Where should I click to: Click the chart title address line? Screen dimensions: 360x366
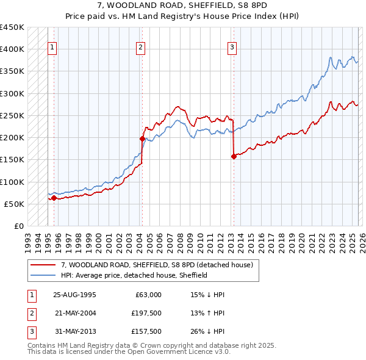click(x=182, y=5)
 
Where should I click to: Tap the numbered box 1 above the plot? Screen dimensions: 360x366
click(x=52, y=47)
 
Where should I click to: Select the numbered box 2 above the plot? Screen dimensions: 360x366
click(x=141, y=47)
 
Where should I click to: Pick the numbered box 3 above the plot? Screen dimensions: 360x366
click(x=232, y=47)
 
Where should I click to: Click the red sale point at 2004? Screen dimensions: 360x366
click(x=142, y=139)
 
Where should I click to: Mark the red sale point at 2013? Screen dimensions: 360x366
click(x=234, y=156)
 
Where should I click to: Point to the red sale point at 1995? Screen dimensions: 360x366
click(x=54, y=198)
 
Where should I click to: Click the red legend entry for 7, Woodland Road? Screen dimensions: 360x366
click(x=152, y=265)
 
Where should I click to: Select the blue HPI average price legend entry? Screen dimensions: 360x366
click(x=134, y=275)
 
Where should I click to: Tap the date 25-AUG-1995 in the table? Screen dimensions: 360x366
click(x=74, y=295)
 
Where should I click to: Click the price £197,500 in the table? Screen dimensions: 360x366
click(x=147, y=313)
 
